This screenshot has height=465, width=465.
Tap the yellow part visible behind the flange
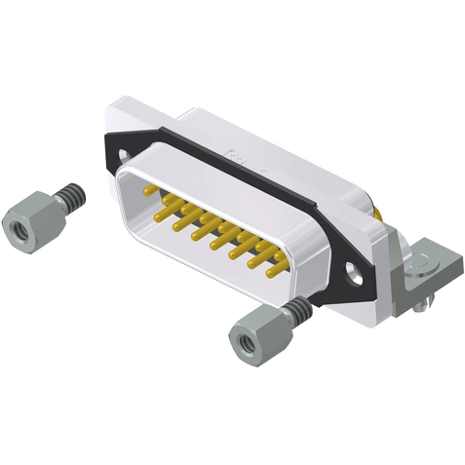tap(377, 211)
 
